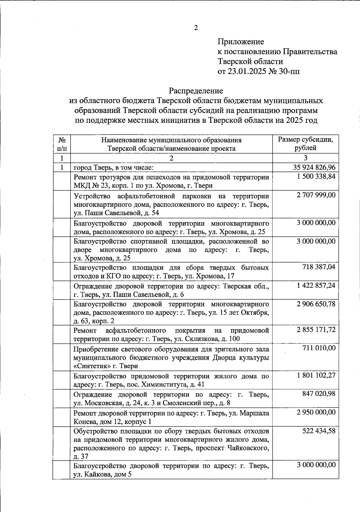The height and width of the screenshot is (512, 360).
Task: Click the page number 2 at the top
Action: click(x=196, y=28)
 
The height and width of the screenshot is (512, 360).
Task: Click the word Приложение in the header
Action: click(x=241, y=41)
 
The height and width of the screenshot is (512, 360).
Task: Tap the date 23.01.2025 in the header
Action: click(x=247, y=71)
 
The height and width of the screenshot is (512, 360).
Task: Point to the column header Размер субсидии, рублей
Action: click(x=305, y=144)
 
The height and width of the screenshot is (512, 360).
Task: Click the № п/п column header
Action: click(x=62, y=144)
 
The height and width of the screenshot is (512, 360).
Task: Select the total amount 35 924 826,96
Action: click(x=314, y=167)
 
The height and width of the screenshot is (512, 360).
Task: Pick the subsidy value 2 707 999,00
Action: click(x=316, y=195)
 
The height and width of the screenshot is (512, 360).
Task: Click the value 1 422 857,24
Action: click(x=316, y=285)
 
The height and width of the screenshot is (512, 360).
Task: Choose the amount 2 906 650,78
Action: click(x=316, y=304)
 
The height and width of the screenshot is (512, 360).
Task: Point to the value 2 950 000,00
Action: click(x=316, y=412)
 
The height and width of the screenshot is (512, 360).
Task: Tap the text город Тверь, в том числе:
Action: click(x=114, y=167)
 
